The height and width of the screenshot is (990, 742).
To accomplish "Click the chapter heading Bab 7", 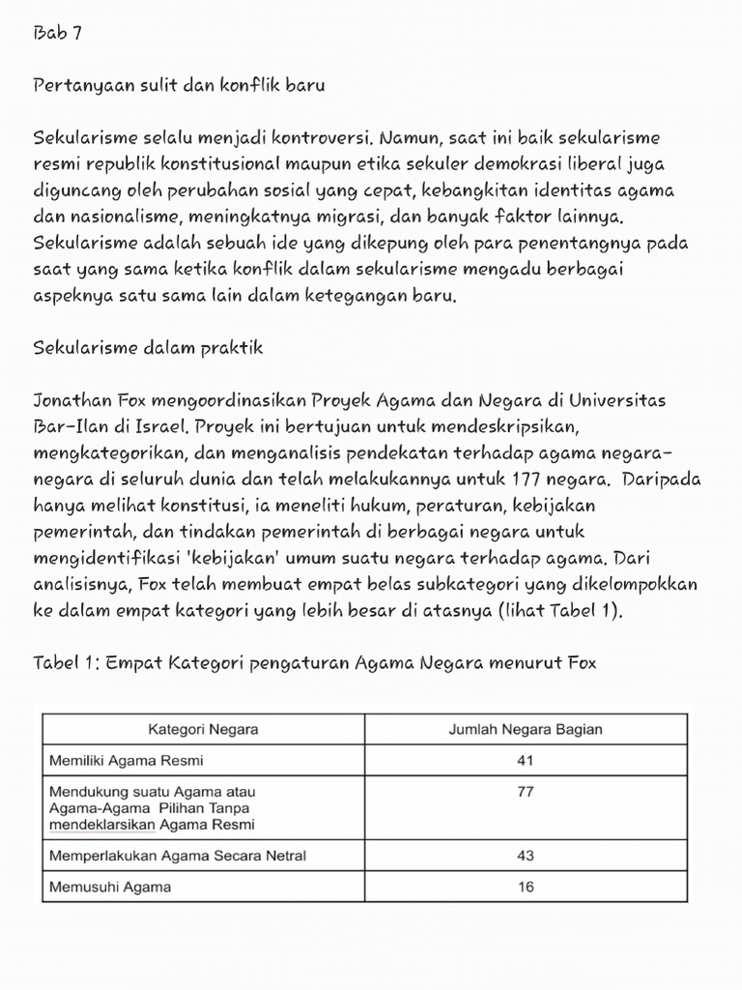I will pos(57,34).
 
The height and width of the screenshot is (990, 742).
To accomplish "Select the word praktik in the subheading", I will pos(232,347).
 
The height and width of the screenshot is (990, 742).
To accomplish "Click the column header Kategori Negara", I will pos(202,729).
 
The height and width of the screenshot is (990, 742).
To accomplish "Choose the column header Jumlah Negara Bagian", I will pos(525,729).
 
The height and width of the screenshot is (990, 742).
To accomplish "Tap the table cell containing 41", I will pos(525,760).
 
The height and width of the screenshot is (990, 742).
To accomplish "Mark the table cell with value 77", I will pos(525,791).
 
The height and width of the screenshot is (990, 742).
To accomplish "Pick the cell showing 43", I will pos(525,856).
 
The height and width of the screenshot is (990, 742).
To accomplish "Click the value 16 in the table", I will pos(525,887).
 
